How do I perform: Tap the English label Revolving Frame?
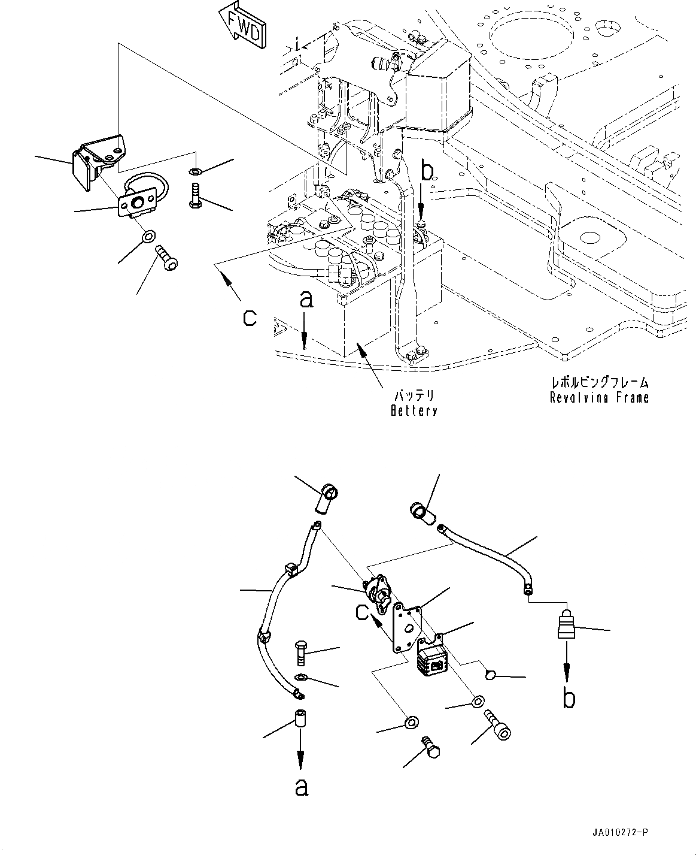click(x=599, y=397)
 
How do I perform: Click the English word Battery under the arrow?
click(x=413, y=410)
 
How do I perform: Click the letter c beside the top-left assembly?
click(x=250, y=318)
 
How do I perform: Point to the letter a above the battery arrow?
click(x=305, y=300)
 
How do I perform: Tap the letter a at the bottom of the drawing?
click(x=301, y=787)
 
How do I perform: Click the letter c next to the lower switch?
click(x=363, y=612)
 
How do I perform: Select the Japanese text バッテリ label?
click(x=413, y=396)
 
